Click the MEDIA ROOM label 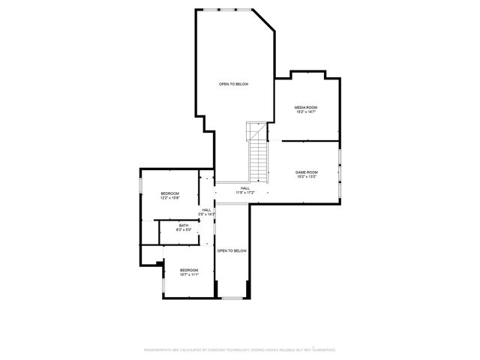point(305,107)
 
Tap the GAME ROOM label point(305,172)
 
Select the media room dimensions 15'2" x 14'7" point(305,112)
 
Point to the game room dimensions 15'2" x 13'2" point(305,178)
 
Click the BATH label point(183,224)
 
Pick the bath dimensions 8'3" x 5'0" point(183,229)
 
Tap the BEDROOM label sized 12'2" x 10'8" point(169,193)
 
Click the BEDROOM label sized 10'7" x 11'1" point(188,270)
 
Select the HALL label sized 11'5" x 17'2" point(245,188)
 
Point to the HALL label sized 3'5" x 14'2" point(206,210)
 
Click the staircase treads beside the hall point(259,161)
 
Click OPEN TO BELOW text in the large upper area point(233,84)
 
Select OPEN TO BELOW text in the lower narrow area point(232,250)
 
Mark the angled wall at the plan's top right point(263,20)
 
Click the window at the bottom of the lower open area point(232,298)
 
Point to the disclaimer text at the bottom point(240,349)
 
